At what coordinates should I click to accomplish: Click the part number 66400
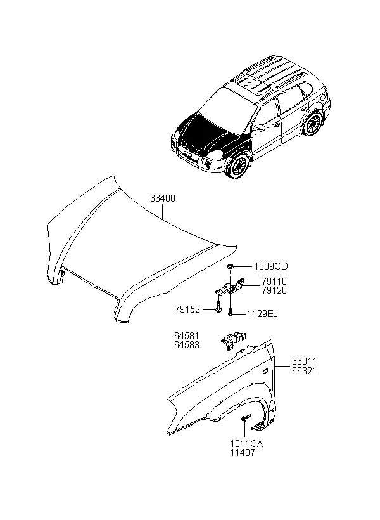(x=163, y=198)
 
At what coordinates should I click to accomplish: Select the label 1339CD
(x=271, y=266)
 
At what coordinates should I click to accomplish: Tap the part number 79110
(x=274, y=281)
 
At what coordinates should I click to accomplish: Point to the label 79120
(x=274, y=290)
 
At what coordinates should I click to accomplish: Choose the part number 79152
(x=187, y=309)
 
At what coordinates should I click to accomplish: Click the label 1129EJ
(x=263, y=314)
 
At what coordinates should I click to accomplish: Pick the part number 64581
(x=187, y=336)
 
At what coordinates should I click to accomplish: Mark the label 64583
(x=187, y=345)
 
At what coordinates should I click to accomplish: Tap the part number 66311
(x=304, y=361)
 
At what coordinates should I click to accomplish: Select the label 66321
(x=304, y=370)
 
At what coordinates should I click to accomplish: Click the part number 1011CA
(x=247, y=444)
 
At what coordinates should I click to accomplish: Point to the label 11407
(x=243, y=453)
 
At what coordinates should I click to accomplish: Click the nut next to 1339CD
(x=230, y=266)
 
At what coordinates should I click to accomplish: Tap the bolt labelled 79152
(x=218, y=307)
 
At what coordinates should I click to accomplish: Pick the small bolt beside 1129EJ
(x=231, y=313)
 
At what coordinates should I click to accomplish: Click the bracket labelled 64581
(x=234, y=340)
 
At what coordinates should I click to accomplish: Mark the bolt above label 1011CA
(x=246, y=418)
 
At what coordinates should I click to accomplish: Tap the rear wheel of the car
(x=313, y=124)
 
